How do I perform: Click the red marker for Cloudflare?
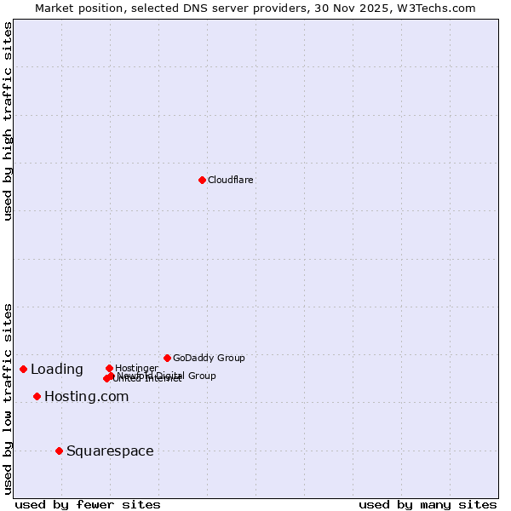pyautogui.click(x=202, y=180)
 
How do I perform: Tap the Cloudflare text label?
pyautogui.click(x=231, y=180)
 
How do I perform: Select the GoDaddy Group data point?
pyautogui.click(x=167, y=358)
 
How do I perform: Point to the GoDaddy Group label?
pyautogui.click(x=209, y=358)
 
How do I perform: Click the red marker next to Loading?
pyautogui.click(x=23, y=369)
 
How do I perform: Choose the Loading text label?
pyautogui.click(x=57, y=369)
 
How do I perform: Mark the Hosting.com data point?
pyautogui.click(x=37, y=396)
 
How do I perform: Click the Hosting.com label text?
pyautogui.click(x=86, y=396)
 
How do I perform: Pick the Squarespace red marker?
pyautogui.click(x=59, y=451)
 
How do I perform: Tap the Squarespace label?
pyautogui.click(x=110, y=451)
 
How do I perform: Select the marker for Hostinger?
pyautogui.click(x=109, y=368)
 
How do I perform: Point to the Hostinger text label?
pyautogui.click(x=136, y=368)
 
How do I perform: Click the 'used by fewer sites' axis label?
pyautogui.click(x=88, y=504)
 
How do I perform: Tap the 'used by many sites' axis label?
pyautogui.click(x=428, y=504)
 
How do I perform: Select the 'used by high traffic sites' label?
pyautogui.click(x=8, y=121)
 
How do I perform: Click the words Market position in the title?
pyautogui.click(x=75, y=8)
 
